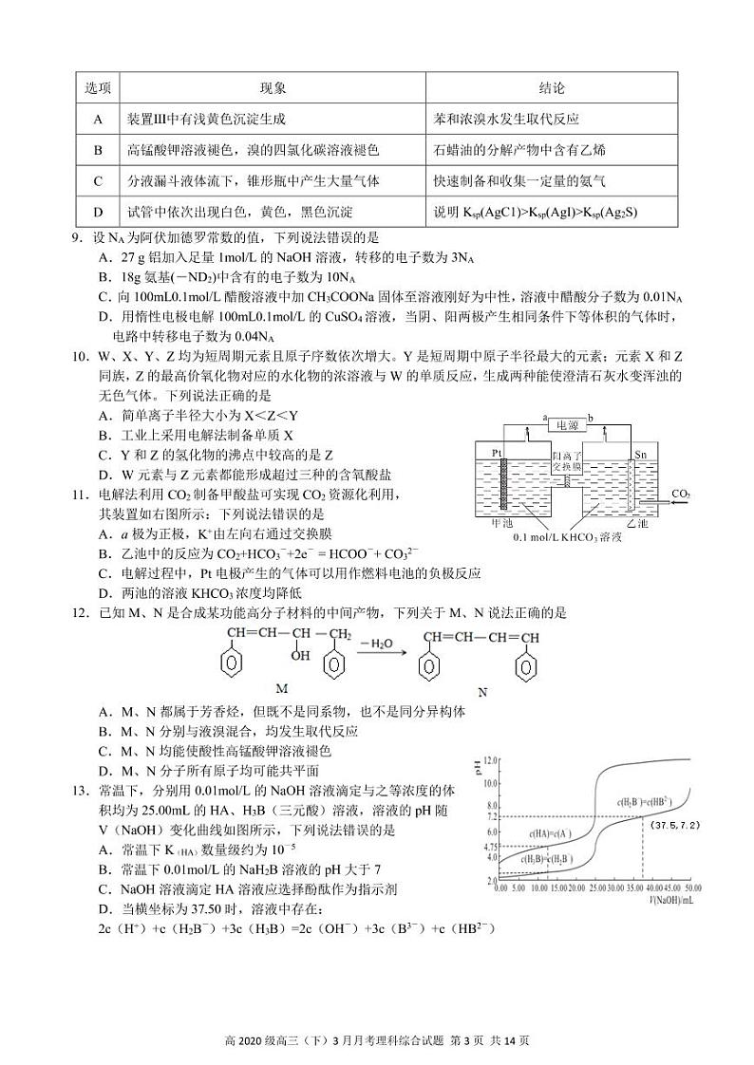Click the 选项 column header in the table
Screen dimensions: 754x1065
point(98,88)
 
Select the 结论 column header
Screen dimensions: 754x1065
point(551,88)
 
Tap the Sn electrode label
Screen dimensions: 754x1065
point(640,454)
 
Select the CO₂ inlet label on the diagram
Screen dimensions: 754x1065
point(680,494)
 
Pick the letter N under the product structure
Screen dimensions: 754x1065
point(481,691)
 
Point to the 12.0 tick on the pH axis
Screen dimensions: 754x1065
point(489,761)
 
